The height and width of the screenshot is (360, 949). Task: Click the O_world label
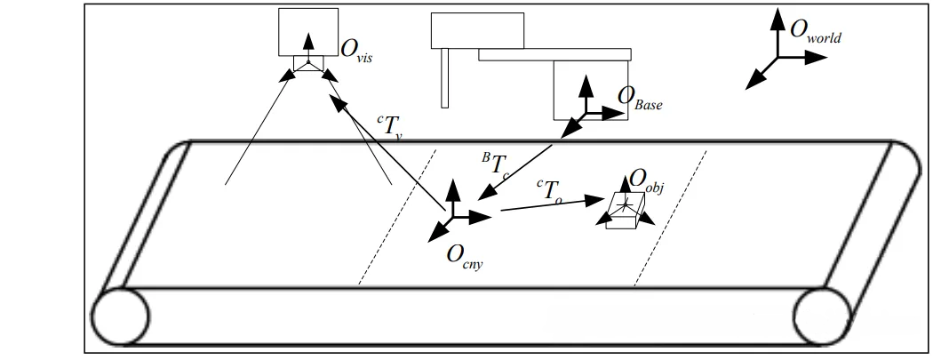click(814, 33)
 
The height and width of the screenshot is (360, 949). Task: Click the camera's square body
click(307, 33)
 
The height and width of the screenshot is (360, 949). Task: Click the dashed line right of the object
click(671, 217)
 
